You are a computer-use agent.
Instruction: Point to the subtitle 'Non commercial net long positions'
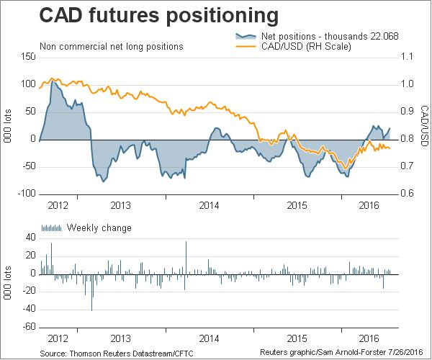pyautogui.click(x=111, y=46)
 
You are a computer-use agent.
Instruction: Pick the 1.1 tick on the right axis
pyautogui.click(x=408, y=56)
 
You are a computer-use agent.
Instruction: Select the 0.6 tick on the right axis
pyautogui.click(x=408, y=194)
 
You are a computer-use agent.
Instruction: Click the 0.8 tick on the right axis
pyautogui.click(x=408, y=139)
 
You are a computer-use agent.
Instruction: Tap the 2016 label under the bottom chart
pyautogui.click(x=368, y=338)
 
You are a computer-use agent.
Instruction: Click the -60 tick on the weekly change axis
pyautogui.click(x=28, y=327)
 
